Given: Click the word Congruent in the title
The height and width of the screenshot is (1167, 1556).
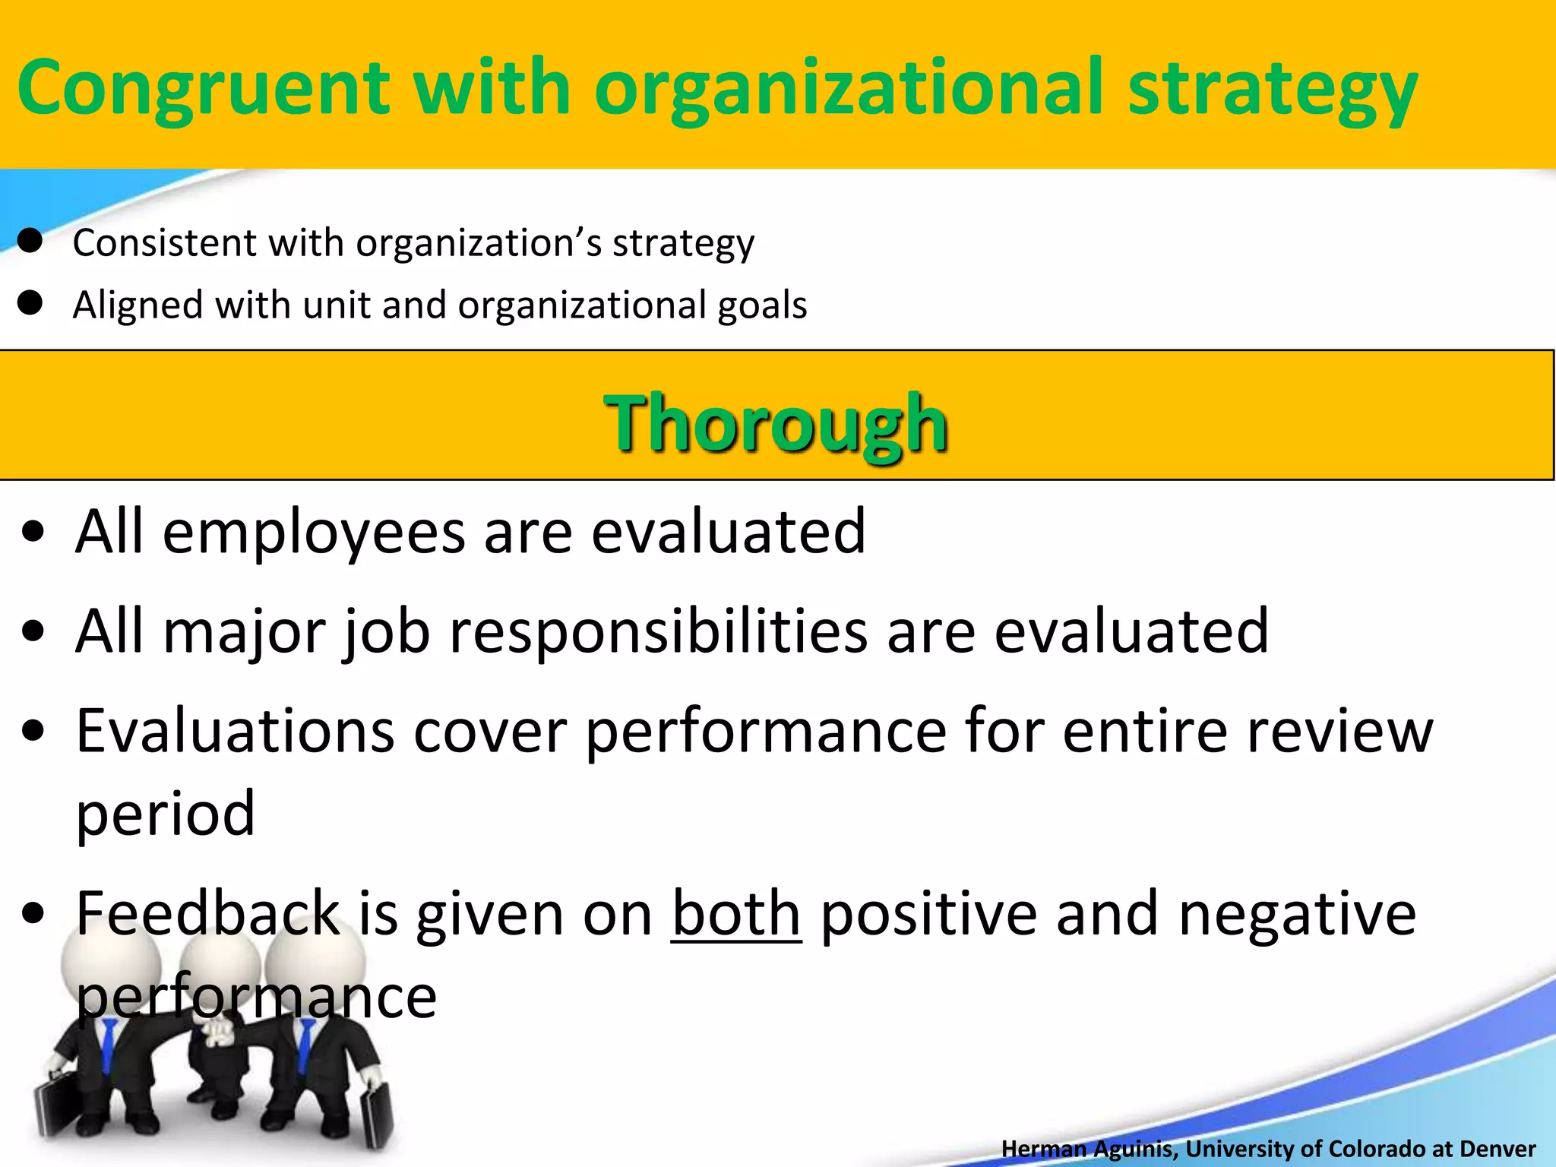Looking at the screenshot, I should [203, 90].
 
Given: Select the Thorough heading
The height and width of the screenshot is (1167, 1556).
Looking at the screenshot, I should [776, 422].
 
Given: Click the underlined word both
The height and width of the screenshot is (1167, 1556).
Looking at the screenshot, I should [735, 914].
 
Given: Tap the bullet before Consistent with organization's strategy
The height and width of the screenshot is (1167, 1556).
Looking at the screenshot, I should [30, 242].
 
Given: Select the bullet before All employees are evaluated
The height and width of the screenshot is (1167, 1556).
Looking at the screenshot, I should [33, 533].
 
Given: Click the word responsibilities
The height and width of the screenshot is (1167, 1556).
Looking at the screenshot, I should [658, 631].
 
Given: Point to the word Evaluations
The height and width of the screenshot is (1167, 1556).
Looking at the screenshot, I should [236, 731].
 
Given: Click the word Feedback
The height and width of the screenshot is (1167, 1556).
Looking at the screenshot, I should [207, 914].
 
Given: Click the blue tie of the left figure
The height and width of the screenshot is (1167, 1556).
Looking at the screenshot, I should [109, 1041].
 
